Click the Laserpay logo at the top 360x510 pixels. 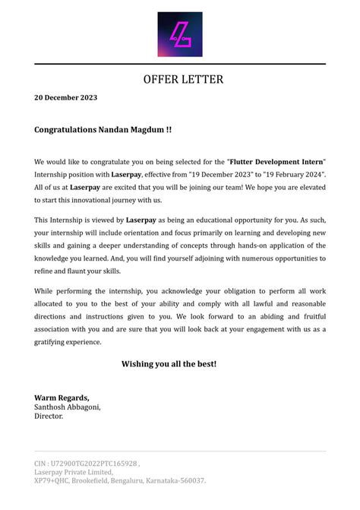click(180, 34)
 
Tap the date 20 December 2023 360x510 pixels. click(65, 98)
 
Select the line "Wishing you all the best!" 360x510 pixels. click(169, 364)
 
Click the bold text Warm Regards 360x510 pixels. click(62, 398)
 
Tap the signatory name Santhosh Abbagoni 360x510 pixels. click(67, 407)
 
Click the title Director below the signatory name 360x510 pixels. click(49, 416)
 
